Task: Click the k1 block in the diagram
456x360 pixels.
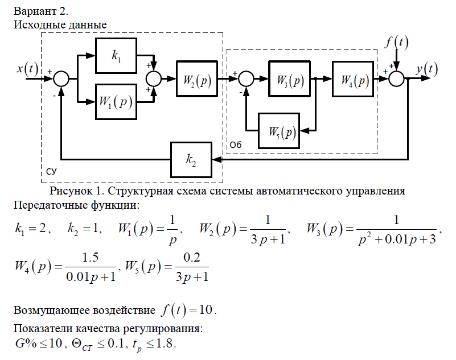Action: pos(116,56)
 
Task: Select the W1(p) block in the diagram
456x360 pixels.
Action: pos(116,102)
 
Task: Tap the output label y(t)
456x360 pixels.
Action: pos(426,69)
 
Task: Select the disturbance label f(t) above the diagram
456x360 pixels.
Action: pos(397,42)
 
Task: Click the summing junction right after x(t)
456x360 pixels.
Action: pos(61,79)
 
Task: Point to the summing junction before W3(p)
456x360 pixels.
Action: pos(246,79)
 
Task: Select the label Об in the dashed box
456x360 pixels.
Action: pos(236,146)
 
